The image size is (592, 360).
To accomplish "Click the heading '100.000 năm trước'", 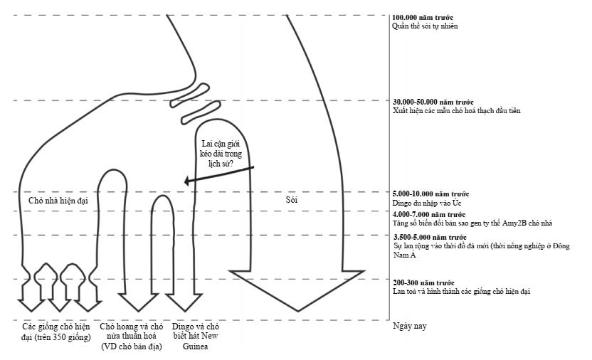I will click(423, 17).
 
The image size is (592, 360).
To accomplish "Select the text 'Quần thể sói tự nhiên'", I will click(425, 26).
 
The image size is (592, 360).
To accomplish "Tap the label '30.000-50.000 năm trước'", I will click(432, 102).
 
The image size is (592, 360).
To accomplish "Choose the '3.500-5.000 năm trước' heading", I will click(430, 237).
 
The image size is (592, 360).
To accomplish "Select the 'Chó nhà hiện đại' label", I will click(58, 201).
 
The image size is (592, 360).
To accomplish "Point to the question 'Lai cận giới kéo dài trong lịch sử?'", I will click(223, 154).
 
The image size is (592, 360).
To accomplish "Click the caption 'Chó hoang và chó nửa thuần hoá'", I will click(132, 332).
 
